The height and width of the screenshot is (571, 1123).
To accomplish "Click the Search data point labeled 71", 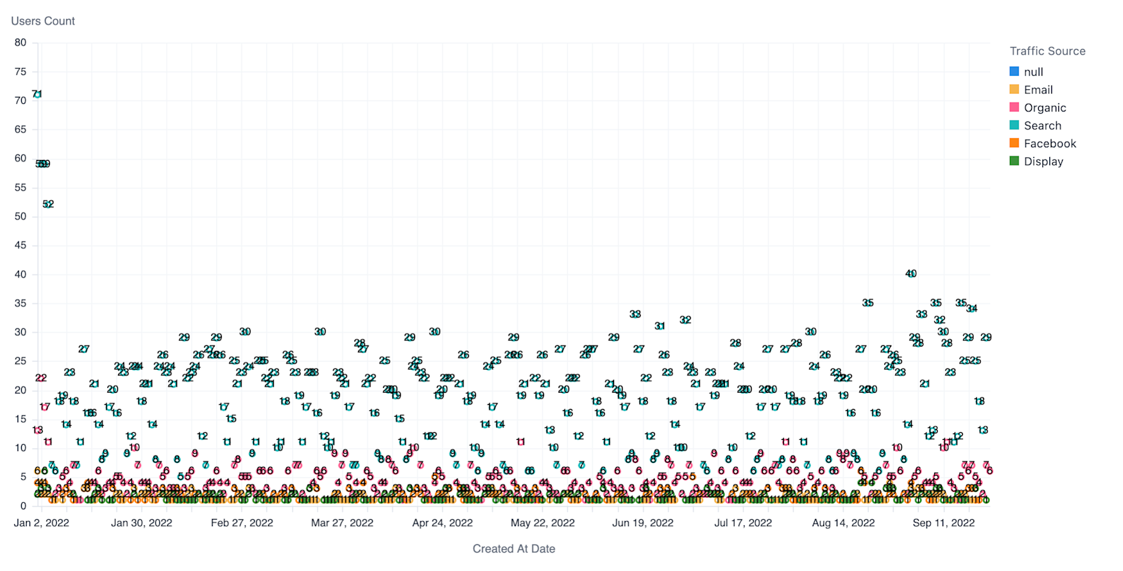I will tap(37, 94).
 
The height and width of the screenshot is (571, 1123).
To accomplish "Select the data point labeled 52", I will tap(48, 204).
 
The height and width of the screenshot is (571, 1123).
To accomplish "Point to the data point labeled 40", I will tap(911, 274).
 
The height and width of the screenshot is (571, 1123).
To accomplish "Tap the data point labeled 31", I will tap(660, 326).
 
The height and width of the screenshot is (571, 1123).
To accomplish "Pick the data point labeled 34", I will tap(971, 309).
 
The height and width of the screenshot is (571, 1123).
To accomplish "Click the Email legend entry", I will tap(1038, 90).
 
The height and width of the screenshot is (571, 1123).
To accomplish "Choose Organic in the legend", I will tap(1044, 107).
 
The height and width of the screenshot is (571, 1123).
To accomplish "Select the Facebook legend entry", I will tap(1049, 143).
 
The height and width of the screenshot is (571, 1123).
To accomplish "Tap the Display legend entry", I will tap(1043, 161).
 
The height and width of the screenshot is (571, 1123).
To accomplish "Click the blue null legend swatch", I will tap(1014, 72).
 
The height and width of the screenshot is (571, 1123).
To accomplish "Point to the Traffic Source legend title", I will tap(1047, 51).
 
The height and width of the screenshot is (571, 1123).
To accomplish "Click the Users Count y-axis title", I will tap(43, 21).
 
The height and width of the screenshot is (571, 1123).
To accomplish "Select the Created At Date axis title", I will tap(514, 549).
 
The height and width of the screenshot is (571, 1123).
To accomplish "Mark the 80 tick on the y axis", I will tap(20, 43).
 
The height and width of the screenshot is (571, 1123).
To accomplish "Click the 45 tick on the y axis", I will tap(20, 246).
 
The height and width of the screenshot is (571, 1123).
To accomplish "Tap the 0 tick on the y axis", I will tap(23, 506).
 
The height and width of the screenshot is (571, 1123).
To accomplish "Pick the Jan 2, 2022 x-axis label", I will tap(41, 523).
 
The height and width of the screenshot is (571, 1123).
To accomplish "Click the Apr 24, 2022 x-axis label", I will tap(442, 523).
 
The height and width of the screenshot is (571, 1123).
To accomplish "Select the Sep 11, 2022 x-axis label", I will tap(943, 523).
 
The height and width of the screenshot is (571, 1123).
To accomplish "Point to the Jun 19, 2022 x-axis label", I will tap(642, 523).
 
